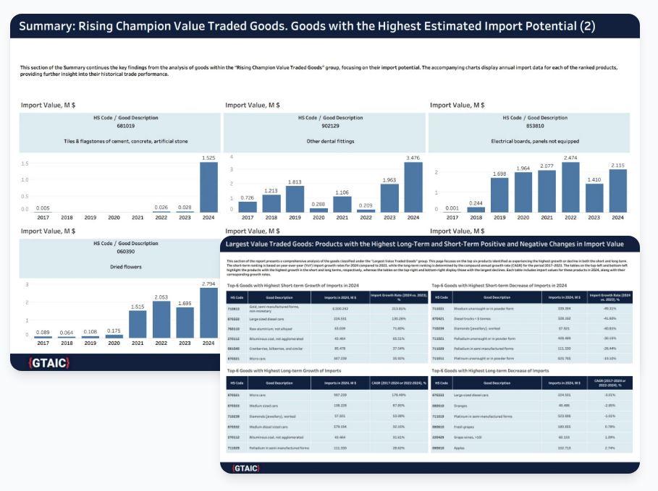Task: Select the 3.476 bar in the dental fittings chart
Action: pos(413,187)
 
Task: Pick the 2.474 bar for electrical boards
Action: pos(570,187)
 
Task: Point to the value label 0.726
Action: pos(248,197)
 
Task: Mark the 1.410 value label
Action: pos(593,179)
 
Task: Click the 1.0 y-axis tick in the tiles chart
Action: pos(25,179)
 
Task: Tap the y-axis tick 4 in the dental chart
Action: pos(231,157)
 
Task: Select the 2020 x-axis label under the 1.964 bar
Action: pos(523,217)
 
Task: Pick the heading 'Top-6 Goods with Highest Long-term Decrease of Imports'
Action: pos(489,370)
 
